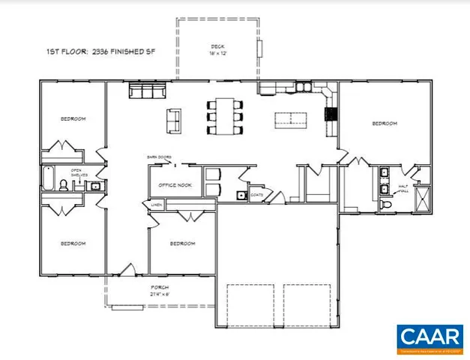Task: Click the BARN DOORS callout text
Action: point(159,157)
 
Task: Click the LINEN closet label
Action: point(156,204)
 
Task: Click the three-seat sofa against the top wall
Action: point(146,91)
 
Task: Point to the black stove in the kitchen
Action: point(328,114)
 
